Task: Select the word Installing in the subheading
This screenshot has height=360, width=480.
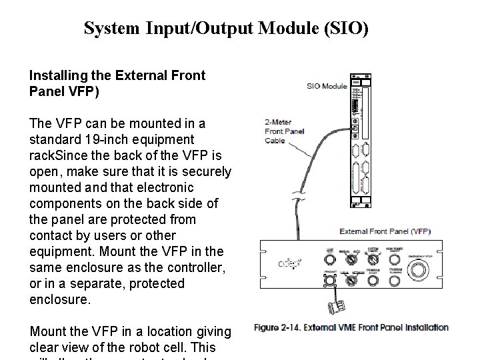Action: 55,76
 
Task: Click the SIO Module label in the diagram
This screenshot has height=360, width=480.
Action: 327,85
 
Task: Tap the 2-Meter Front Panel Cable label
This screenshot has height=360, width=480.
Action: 283,131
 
